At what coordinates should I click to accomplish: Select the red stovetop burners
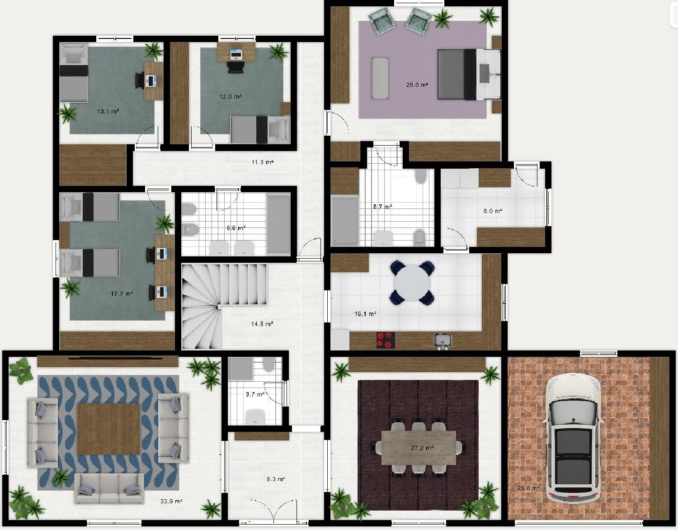pos(386,340)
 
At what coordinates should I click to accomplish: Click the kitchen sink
pos(443,340)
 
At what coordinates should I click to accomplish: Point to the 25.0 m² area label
pos(417,85)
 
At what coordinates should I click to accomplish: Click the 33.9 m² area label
pos(171,501)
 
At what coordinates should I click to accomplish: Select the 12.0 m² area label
pos(231,96)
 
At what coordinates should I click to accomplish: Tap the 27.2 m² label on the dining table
pos(422,448)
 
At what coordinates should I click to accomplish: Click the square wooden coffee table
pos(108,429)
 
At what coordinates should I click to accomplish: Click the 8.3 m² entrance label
pos(276,479)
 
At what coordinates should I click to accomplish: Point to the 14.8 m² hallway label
pos(262,324)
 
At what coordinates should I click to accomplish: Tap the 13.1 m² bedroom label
pos(108,111)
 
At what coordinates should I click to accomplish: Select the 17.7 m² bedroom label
pos(122,293)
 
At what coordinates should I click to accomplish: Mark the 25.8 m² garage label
pos(528,488)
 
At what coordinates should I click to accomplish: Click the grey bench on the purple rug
pos(380,78)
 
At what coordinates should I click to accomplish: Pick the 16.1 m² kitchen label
pos(365,313)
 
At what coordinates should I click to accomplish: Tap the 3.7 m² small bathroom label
pos(255,394)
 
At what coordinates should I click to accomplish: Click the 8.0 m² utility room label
pos(493,211)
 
